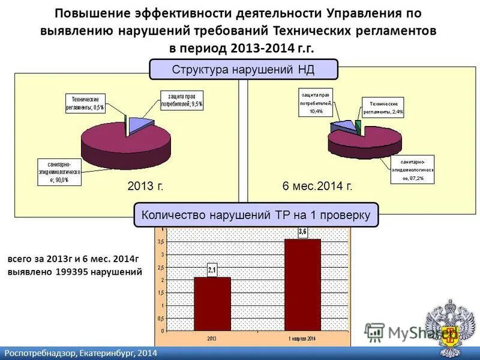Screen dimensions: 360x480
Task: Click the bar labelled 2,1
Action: (x=212, y=304)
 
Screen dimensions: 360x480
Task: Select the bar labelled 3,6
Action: (x=302, y=284)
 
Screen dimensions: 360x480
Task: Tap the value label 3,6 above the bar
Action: (x=302, y=232)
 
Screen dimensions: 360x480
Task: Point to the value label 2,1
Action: (x=212, y=271)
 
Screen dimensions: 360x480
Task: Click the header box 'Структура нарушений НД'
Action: (x=244, y=69)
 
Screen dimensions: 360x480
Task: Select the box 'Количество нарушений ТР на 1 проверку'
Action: (x=256, y=214)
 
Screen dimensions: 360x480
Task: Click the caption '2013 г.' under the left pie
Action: (x=146, y=187)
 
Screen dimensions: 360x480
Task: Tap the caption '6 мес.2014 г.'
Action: (x=317, y=187)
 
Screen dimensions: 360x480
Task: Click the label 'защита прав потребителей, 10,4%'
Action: (x=315, y=103)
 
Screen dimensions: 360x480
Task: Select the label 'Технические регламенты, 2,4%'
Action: (x=382, y=107)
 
